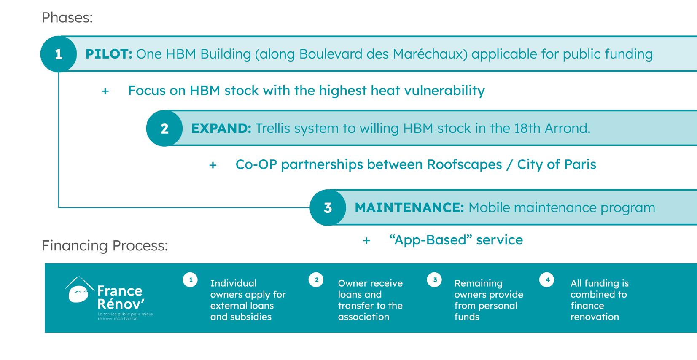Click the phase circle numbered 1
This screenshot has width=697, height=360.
tap(58, 54)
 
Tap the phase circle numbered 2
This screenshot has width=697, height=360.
tap(164, 128)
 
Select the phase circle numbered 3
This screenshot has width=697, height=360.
tap(328, 207)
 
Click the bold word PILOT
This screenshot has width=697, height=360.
tap(109, 54)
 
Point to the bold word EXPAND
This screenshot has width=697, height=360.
tap(221, 128)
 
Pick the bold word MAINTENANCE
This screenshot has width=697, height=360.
tap(409, 207)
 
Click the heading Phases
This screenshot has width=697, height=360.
tap(67, 18)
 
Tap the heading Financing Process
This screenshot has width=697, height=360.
tap(104, 245)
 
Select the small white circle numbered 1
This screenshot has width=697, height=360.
tap(191, 280)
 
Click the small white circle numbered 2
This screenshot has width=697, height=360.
tap(316, 280)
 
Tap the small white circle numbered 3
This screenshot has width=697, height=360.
tap(434, 280)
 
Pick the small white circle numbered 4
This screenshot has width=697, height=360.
tap(547, 280)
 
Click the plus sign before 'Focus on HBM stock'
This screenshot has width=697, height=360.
tap(105, 91)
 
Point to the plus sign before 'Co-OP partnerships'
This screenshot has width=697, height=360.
tap(213, 165)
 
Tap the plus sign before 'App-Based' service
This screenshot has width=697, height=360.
tap(366, 241)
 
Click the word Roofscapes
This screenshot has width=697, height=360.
tap(464, 164)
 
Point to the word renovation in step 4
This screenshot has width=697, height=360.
tap(595, 317)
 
